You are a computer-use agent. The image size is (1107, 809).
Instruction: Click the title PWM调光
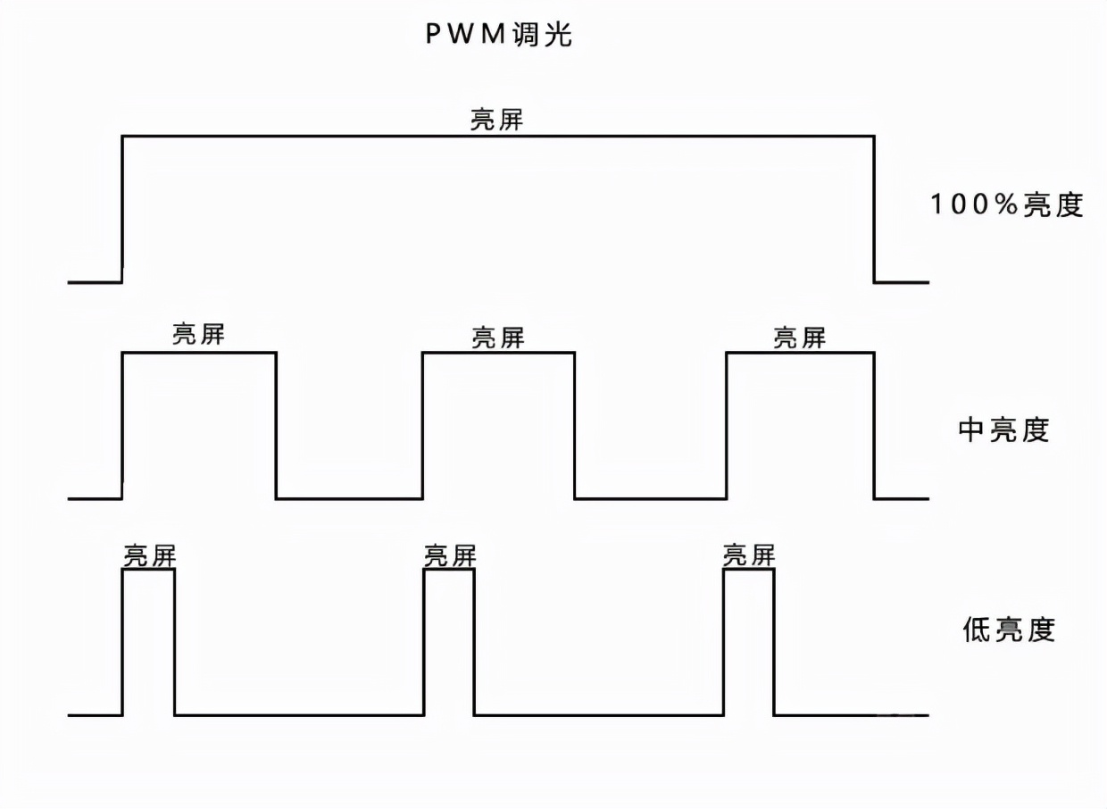pyautogui.click(x=497, y=36)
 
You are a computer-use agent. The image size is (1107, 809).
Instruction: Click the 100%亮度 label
pyautogui.click(x=1006, y=204)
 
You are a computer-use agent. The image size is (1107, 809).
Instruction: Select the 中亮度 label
pyautogui.click(x=1003, y=430)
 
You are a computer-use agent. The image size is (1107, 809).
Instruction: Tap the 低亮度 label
pyautogui.click(x=1008, y=630)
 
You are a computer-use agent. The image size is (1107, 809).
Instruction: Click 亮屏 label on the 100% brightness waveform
pyautogui.click(x=496, y=120)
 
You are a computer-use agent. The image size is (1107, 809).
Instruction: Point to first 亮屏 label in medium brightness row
pyautogui.click(x=198, y=335)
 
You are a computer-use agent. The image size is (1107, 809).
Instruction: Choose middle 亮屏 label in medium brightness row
pyautogui.click(x=498, y=338)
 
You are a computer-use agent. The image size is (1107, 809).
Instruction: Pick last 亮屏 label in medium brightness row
pyautogui.click(x=799, y=338)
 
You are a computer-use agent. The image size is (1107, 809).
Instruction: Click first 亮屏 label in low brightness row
pyautogui.click(x=149, y=555)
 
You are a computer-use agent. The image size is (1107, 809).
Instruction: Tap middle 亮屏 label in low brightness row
pyautogui.click(x=450, y=555)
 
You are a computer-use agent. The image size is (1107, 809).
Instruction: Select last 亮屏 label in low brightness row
pyautogui.click(x=748, y=555)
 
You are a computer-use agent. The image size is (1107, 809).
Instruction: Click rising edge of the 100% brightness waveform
pyautogui.click(x=122, y=209)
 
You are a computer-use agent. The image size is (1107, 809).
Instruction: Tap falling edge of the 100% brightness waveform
pyautogui.click(x=874, y=209)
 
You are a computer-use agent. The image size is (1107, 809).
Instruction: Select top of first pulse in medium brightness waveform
pyautogui.click(x=198, y=353)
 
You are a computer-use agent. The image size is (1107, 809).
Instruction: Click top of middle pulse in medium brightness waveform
pyautogui.click(x=498, y=353)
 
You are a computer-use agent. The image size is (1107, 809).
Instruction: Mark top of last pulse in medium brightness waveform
pyautogui.click(x=800, y=353)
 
